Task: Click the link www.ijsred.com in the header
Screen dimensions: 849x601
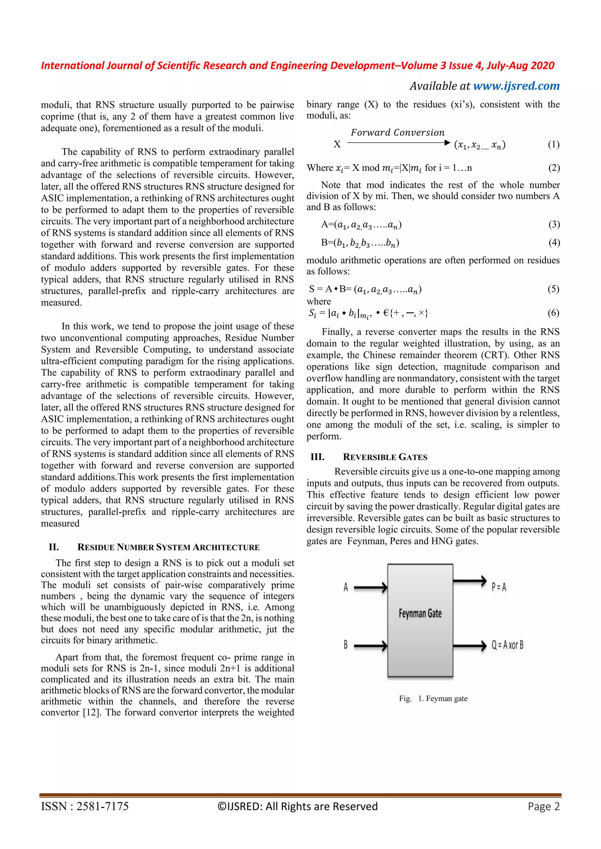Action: [516, 86]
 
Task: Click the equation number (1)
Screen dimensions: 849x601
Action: [553, 144]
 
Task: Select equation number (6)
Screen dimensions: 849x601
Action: [553, 313]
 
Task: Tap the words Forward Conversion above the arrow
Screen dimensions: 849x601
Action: [397, 133]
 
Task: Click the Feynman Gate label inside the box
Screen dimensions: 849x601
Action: [420, 614]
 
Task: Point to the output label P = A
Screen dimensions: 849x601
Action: [499, 587]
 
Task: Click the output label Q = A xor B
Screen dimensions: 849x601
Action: [507, 645]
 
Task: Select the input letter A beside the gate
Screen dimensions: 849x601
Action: [346, 587]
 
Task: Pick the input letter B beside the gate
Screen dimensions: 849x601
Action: [346, 645]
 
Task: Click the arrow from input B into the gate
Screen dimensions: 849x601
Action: [370, 646]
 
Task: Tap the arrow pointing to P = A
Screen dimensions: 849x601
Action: [469, 581]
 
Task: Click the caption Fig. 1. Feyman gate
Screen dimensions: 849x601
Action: [433, 699]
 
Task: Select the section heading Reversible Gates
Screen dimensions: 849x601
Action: [385, 457]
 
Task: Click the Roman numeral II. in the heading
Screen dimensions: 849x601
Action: [54, 547]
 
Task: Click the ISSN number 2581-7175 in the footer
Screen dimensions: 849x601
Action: [102, 806]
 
